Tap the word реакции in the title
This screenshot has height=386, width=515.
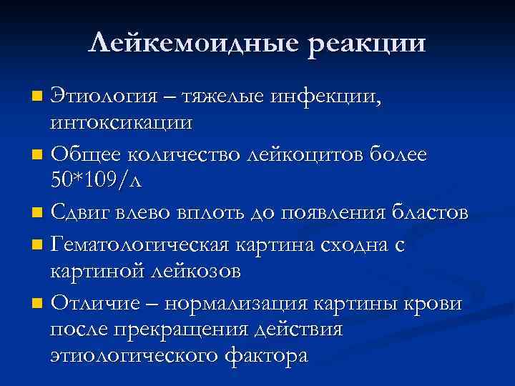pyautogui.click(x=367, y=44)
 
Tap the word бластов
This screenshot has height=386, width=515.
pyautogui.click(x=427, y=212)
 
